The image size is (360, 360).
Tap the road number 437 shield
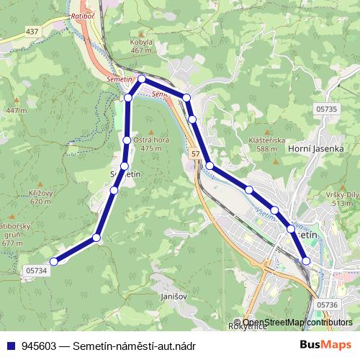32,32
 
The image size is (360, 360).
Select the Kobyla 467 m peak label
142,47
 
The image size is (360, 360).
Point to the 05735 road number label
325,109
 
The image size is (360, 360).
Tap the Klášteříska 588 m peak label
268,145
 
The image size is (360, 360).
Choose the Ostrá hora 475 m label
150,144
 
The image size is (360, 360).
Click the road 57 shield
195,155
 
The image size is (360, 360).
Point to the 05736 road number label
326,305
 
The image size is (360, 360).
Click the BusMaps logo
325,345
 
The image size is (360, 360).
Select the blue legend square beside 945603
10,346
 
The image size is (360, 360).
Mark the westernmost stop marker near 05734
53,261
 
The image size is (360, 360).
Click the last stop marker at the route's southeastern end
307,261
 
